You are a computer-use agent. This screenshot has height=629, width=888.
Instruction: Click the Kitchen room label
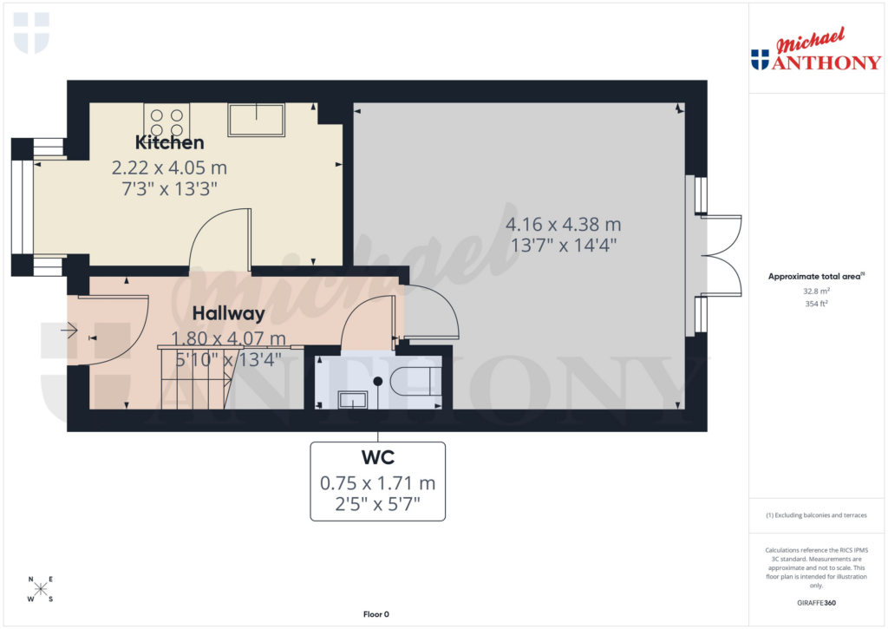coord(169,142)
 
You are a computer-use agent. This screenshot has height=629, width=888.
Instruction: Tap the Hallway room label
coord(228,313)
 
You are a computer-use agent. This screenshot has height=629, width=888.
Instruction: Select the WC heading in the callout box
coord(377,456)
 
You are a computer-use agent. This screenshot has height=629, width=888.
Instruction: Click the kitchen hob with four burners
coord(166,120)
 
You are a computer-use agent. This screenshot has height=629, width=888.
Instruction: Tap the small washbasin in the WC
coord(352,399)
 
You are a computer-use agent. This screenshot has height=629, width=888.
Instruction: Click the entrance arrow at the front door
coord(69,330)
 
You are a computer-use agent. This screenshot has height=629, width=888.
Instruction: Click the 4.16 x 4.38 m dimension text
coord(564,225)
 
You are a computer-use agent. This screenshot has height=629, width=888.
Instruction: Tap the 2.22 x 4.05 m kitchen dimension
coord(169,167)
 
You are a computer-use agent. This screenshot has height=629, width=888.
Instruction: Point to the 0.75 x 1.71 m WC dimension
coord(377,483)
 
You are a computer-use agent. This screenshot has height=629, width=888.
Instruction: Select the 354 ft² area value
coord(816,304)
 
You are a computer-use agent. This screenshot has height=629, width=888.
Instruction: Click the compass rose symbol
coord(41,590)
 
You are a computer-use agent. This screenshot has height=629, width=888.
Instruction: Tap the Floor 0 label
coord(375,614)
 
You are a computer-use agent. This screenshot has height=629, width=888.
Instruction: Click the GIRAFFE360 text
coord(816,603)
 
